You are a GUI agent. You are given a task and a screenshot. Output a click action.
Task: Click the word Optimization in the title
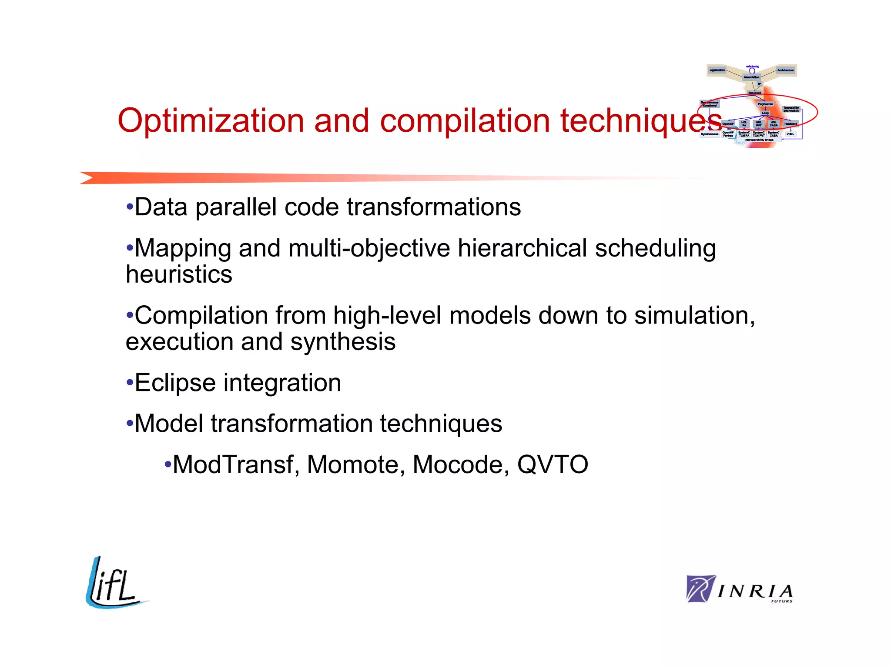pos(211,121)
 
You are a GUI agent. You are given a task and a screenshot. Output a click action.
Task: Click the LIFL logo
pos(114,584)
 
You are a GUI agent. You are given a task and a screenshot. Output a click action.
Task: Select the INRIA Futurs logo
pos(739,589)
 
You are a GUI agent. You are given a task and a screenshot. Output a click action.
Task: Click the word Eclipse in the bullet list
pos(175,383)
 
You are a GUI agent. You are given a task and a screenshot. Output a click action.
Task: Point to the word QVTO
pos(552,465)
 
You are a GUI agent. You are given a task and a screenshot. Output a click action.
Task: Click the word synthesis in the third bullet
pos(343,342)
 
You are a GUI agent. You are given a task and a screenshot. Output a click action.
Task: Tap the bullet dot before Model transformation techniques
pos(129,423)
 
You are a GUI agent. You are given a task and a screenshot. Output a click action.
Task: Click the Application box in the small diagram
pos(717,70)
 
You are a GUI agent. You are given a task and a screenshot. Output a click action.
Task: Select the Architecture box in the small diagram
pos(786,70)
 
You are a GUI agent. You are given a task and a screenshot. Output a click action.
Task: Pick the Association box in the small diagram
pos(751,77)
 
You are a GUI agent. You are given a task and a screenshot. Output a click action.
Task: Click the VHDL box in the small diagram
pos(790,134)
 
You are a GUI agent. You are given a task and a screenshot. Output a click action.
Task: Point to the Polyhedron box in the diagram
pos(765,104)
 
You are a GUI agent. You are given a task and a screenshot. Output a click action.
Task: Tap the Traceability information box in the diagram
pos(791,109)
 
